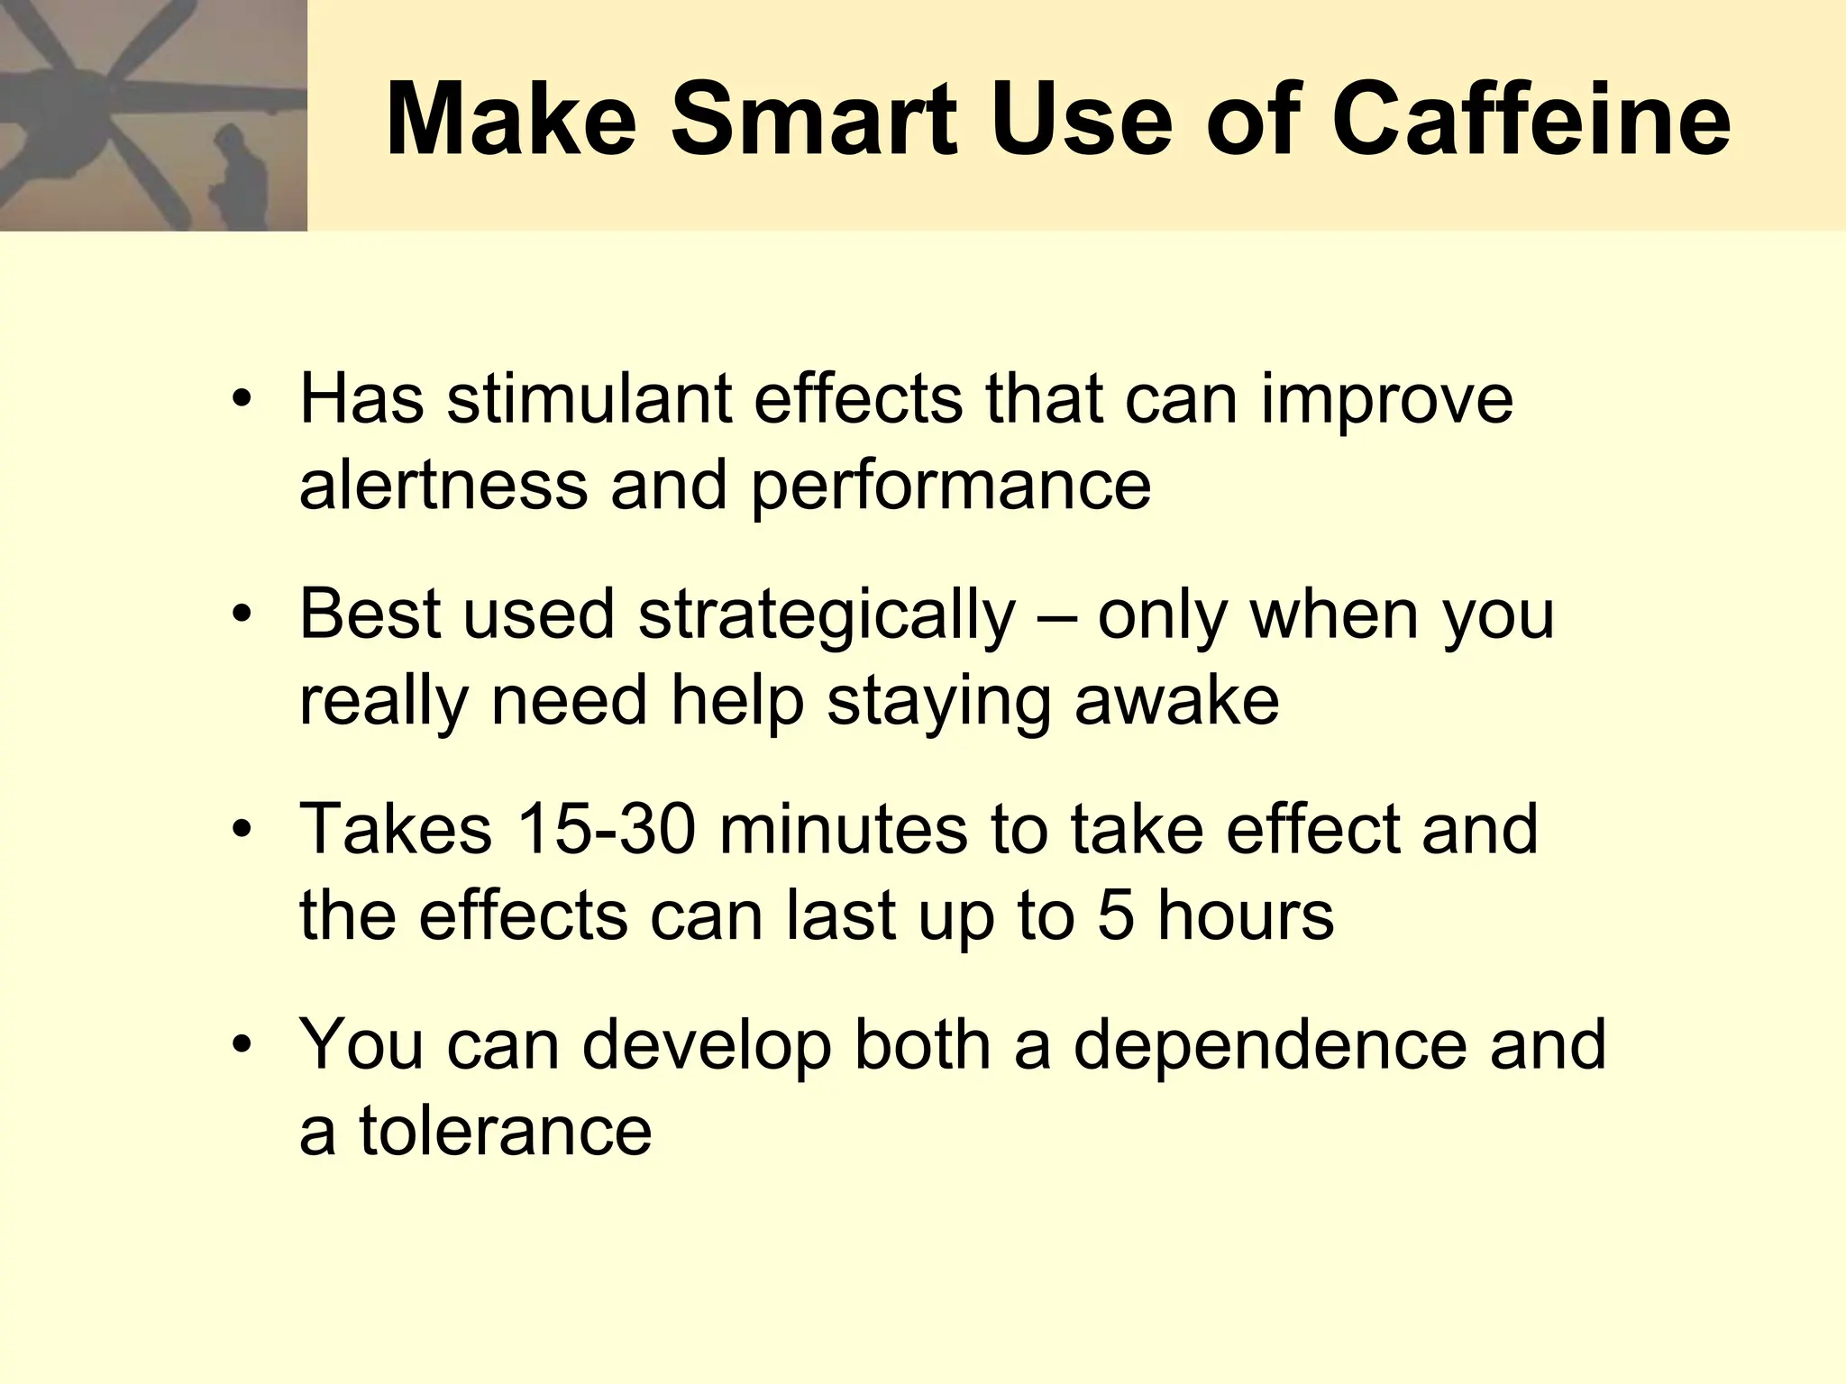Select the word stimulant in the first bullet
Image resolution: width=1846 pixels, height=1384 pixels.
click(x=589, y=399)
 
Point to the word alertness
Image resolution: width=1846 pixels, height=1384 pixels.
click(x=443, y=485)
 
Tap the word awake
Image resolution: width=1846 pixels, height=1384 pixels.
click(x=1176, y=701)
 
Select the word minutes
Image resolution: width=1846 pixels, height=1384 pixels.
click(x=843, y=829)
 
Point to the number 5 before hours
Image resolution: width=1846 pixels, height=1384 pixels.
click(x=1115, y=915)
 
